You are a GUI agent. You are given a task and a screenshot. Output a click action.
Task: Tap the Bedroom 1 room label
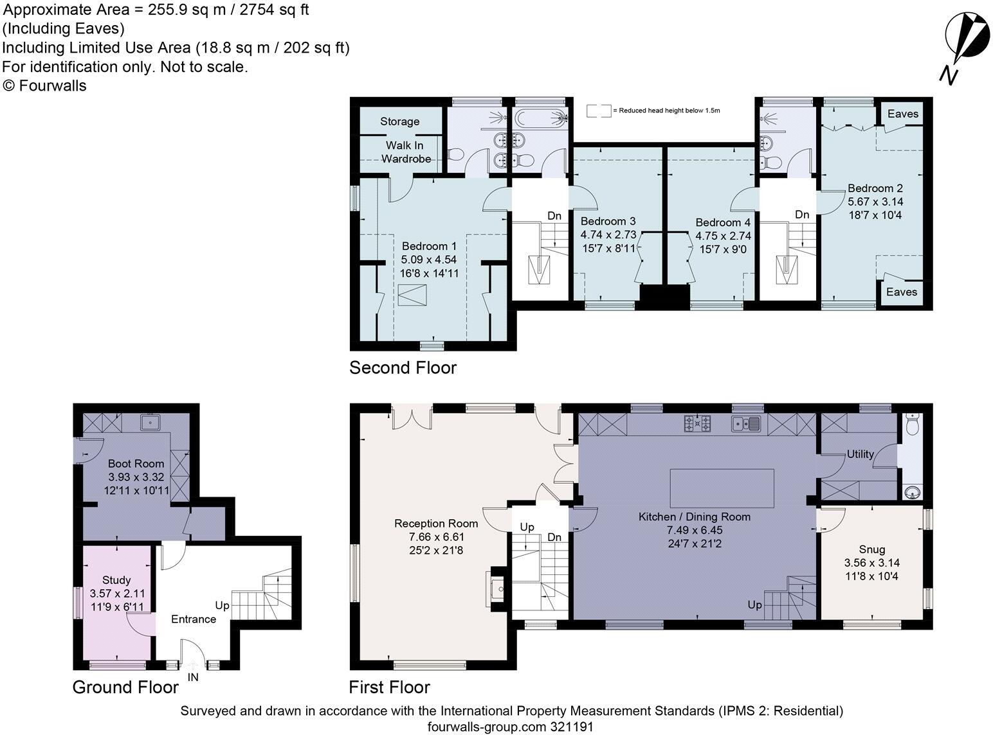pyautogui.click(x=429, y=246)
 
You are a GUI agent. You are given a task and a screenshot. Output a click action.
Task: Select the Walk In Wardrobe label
pyautogui.click(x=406, y=152)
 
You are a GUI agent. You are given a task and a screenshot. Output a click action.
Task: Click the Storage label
pyautogui.click(x=400, y=121)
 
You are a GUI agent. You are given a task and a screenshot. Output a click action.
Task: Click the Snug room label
pyautogui.click(x=871, y=550)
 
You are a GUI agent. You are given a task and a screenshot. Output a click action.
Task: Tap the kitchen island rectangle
pyautogui.click(x=722, y=488)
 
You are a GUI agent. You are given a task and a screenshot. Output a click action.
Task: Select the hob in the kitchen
pyautogui.click(x=697, y=423)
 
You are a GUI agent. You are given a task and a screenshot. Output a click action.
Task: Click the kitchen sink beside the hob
pyautogui.click(x=746, y=423)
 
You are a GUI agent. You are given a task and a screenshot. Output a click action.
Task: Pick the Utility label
pyautogui.click(x=860, y=454)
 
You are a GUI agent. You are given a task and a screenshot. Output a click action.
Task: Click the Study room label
pyautogui.click(x=116, y=580)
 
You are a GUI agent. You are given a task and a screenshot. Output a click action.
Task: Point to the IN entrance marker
pyautogui.click(x=193, y=677)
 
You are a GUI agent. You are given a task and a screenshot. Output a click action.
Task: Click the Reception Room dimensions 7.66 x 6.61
pyautogui.click(x=437, y=537)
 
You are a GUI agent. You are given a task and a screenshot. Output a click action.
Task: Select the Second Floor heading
pyautogui.click(x=403, y=367)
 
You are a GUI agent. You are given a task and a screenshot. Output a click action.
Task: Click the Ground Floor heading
pyautogui.click(x=126, y=687)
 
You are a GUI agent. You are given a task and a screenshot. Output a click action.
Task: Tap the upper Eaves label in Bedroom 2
pyautogui.click(x=902, y=114)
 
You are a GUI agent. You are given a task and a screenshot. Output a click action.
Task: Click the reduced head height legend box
pyautogui.click(x=599, y=111)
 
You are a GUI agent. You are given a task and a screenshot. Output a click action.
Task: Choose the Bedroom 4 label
pyautogui.click(x=723, y=223)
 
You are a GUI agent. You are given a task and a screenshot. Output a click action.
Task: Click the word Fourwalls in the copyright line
pyautogui.click(x=52, y=85)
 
